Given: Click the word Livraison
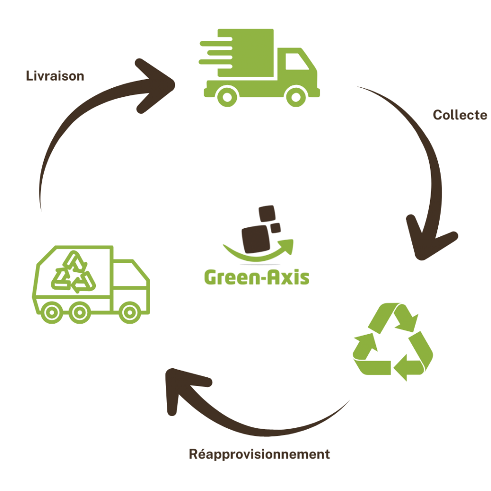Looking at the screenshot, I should [x=55, y=76].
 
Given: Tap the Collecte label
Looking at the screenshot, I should [x=460, y=115].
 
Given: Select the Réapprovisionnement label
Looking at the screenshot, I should [x=259, y=454].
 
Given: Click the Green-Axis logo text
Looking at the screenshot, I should [x=257, y=278].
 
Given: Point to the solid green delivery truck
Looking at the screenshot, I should [x=261, y=67].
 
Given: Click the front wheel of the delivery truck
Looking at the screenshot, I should [x=295, y=96].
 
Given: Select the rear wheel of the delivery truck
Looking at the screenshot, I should [x=227, y=96].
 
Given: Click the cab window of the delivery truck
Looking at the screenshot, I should [x=296, y=63].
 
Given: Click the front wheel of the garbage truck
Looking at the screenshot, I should [x=129, y=313].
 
